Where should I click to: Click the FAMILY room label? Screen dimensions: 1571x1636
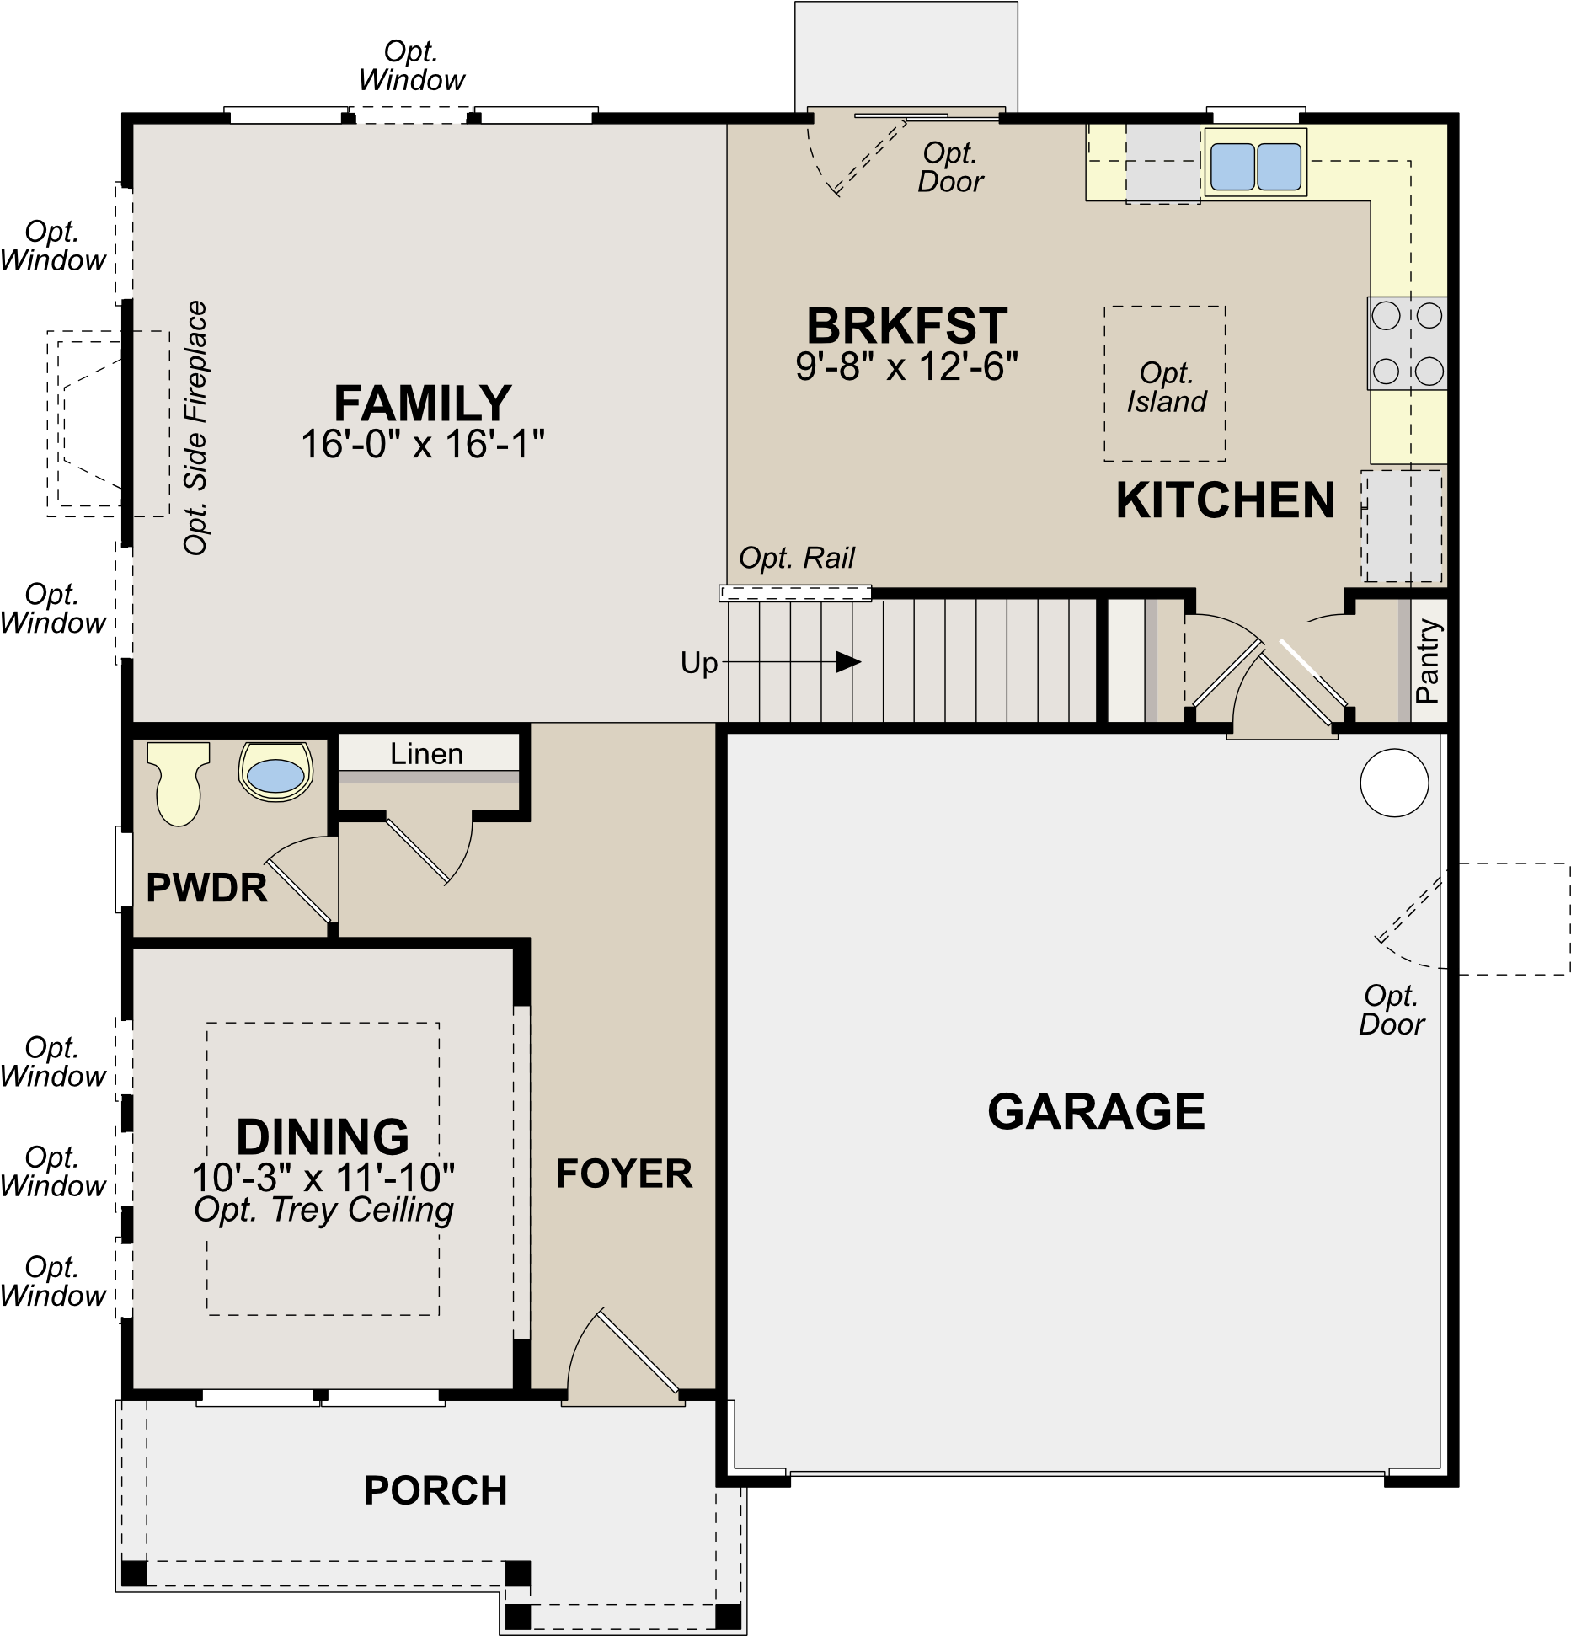423,404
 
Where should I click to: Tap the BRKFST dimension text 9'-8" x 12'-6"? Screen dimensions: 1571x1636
907,366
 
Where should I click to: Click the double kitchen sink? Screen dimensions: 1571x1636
1255,166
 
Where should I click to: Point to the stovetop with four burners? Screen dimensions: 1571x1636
1407,343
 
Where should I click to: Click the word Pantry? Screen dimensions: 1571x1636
1427,660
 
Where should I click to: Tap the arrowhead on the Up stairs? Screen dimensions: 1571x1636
848,662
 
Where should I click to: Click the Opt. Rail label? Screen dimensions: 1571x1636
796,558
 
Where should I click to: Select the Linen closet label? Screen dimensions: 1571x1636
426,753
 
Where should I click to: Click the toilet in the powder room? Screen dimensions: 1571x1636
179,783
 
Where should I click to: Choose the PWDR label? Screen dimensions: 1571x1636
206,888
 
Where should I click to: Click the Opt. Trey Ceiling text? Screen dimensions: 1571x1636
323,1210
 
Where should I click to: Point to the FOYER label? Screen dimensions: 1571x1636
624,1174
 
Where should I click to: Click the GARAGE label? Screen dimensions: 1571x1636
1096,1111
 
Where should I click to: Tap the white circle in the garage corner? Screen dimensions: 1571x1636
1394,783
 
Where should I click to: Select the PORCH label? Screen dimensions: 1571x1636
435,1490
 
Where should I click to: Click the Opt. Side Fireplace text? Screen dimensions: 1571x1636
195,428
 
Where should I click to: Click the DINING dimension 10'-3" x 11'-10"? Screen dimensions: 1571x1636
323,1177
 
